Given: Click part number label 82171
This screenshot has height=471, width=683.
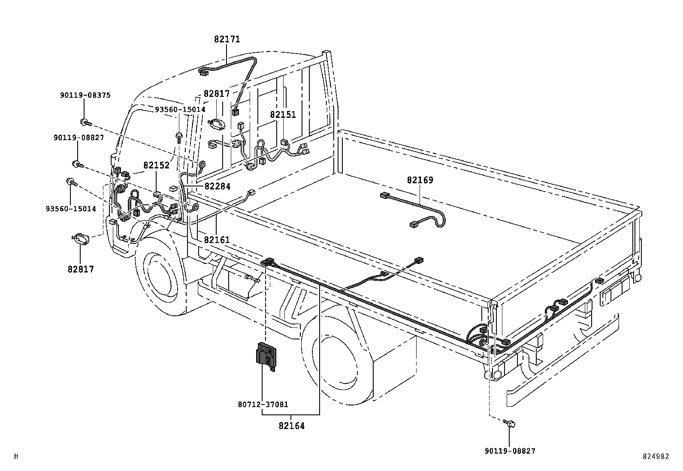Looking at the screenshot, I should pos(227,39).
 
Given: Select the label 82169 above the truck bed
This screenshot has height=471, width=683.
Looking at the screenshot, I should pos(420,180).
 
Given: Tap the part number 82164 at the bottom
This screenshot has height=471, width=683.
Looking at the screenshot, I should pos(291,426).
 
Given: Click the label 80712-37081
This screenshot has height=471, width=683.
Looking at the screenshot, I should pos(263,404).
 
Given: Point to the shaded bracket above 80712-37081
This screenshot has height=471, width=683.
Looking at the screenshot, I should pos(266,354).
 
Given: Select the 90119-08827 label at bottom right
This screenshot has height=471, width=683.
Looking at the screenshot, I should pos(510,451).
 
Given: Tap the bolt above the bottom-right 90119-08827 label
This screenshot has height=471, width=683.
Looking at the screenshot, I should pos(510,423).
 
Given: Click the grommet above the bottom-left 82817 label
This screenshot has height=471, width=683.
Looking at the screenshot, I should pos(80,239).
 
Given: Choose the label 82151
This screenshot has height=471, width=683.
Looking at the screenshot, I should pos(283,115).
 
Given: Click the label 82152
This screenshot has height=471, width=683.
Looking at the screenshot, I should pos(156,165).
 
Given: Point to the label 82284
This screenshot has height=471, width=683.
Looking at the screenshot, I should pos(217,186).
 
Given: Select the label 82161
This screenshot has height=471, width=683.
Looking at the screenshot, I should pos(217,240).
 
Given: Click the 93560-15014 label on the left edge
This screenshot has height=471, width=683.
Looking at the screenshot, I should pos(71,209).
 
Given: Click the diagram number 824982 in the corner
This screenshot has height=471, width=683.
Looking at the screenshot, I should pos(656,456).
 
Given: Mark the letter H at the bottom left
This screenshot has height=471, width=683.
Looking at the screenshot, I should pos(16,456).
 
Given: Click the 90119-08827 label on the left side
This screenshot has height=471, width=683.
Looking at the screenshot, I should pos(79,138).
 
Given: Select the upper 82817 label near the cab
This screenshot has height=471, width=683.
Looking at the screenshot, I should pos(217,94).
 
